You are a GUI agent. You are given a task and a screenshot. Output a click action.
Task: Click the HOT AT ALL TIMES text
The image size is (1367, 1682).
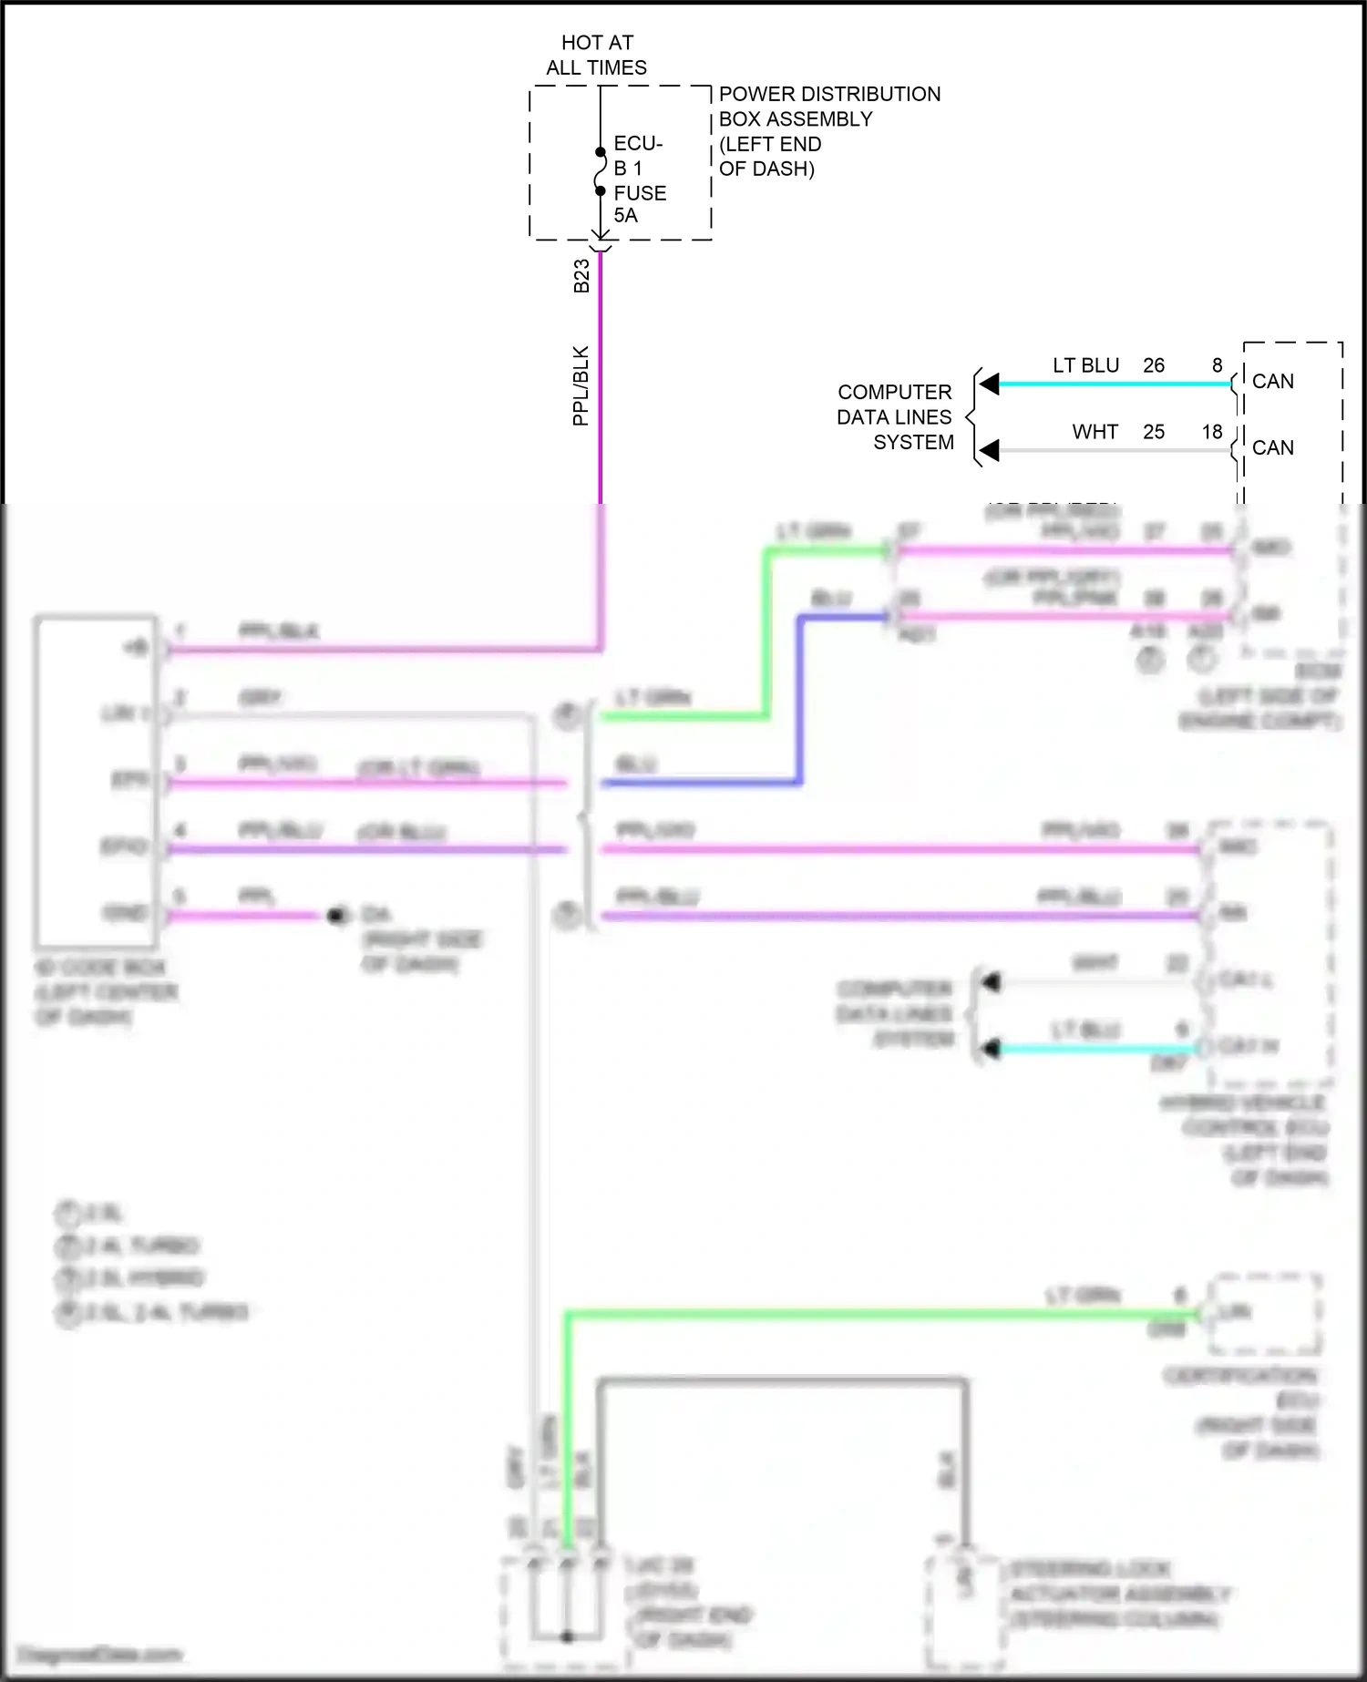click(x=597, y=55)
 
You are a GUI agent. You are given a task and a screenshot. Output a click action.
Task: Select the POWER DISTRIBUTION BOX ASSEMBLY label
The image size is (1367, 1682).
click(x=828, y=106)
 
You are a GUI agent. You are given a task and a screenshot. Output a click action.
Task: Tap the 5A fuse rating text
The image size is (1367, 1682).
click(x=625, y=215)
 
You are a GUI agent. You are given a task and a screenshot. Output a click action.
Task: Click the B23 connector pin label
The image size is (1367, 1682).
click(x=581, y=276)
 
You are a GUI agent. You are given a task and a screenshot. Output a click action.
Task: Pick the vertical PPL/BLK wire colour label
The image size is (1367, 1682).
click(x=581, y=385)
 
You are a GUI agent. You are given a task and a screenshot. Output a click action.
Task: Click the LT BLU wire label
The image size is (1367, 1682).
click(x=1085, y=365)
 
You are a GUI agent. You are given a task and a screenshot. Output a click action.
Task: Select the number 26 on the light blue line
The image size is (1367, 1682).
click(x=1154, y=365)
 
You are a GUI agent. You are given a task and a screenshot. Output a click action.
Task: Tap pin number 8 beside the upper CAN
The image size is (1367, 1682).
click(x=1217, y=365)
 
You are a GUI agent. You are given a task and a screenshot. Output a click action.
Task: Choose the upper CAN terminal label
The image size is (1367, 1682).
click(x=1272, y=381)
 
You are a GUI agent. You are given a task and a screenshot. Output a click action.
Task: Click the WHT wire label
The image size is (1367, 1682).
click(x=1095, y=432)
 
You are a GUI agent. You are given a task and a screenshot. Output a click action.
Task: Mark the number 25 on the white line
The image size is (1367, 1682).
click(x=1154, y=432)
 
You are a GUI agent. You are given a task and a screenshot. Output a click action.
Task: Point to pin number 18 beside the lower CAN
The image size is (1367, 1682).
click(x=1212, y=432)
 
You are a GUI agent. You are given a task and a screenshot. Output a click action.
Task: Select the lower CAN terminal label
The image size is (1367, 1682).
click(x=1272, y=447)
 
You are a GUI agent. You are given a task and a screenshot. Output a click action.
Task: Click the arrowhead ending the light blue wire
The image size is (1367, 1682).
click(x=989, y=384)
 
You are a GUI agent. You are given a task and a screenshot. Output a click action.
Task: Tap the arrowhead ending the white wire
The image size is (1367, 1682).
click(x=989, y=450)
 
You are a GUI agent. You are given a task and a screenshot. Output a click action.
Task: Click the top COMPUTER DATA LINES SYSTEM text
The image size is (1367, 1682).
click(x=895, y=417)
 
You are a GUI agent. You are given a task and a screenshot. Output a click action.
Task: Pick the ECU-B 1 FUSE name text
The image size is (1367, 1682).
click(x=639, y=168)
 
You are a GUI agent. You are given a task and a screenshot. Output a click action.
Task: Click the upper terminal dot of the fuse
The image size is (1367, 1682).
click(x=601, y=152)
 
